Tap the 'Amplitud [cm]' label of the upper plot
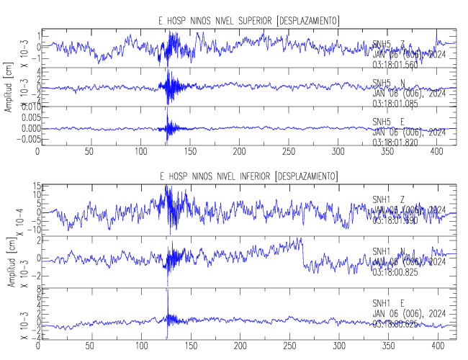(x=8, y=85)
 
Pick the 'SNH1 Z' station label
(x=388, y=199)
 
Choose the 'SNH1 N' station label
(x=388, y=251)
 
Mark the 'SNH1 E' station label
(x=388, y=303)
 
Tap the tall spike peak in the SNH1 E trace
(x=167, y=290)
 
